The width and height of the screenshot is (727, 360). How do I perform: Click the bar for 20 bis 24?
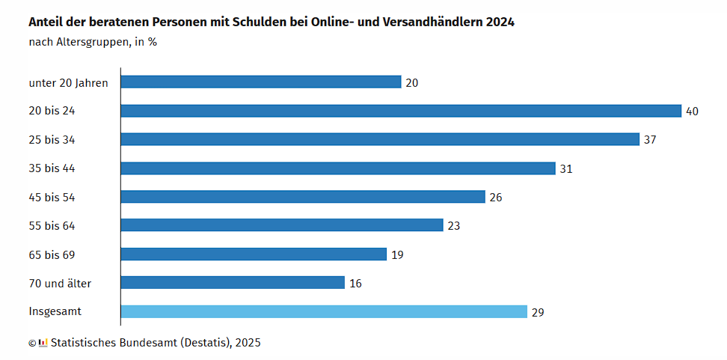[401, 111]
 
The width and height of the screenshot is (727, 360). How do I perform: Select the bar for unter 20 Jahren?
[261, 82]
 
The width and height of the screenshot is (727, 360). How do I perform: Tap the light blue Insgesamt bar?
[324, 311]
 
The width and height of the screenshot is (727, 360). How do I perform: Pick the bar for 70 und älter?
[233, 282]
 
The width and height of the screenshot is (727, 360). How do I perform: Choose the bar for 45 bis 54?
[303, 197]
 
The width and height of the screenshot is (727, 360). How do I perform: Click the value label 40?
[692, 112]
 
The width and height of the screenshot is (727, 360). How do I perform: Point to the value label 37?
[650, 140]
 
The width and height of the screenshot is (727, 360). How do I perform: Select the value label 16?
[355, 283]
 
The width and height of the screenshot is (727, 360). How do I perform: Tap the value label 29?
[538, 312]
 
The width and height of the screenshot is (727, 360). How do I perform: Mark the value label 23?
[453, 226]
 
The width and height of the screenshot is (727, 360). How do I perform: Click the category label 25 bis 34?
[52, 140]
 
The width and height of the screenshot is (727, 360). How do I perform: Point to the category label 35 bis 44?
[52, 168]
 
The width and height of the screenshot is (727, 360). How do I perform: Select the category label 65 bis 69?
[52, 254]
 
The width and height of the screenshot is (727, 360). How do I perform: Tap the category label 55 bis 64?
[52, 226]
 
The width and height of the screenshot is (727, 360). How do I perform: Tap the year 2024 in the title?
[500, 22]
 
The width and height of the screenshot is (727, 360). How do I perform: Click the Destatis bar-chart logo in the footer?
[43, 343]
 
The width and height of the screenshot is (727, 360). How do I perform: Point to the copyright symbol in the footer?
[32, 344]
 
